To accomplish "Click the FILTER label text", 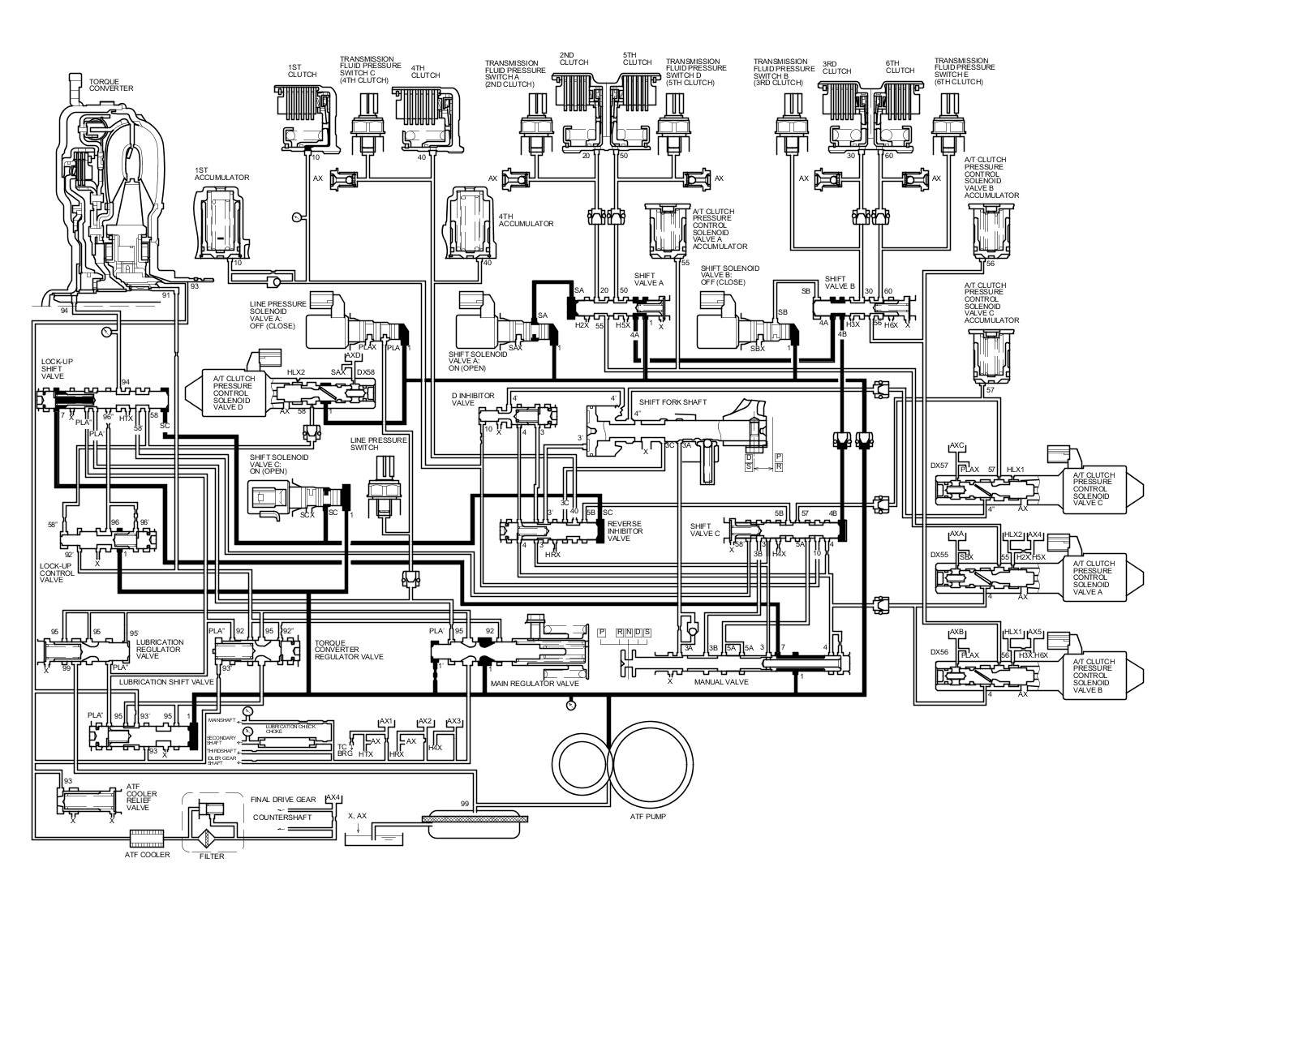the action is point(212,856).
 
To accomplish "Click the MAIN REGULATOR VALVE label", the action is point(534,684).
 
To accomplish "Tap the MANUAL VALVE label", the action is point(720,682).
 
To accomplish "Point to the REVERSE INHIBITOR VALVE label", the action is point(625,531).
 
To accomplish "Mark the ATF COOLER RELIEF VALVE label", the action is point(138,797).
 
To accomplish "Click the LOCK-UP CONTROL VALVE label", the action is point(57,573).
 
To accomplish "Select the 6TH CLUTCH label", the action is point(900,67).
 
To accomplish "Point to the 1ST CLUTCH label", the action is point(302,71).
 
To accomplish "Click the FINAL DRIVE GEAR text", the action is point(283,798).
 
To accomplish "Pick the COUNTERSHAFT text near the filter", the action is point(282,817).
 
